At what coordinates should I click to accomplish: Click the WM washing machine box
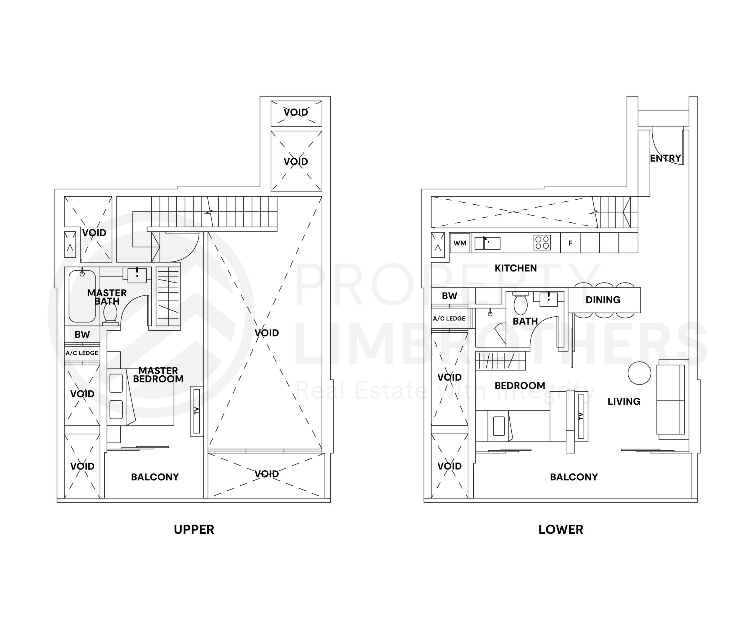(x=460, y=243)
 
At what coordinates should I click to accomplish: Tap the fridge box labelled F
(x=570, y=243)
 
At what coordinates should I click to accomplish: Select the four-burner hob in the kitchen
(x=542, y=243)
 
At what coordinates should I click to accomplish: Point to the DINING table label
(x=603, y=300)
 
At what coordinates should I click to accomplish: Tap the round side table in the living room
(x=639, y=373)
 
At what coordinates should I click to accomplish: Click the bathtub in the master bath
(x=82, y=297)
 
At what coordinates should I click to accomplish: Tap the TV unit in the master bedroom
(x=197, y=411)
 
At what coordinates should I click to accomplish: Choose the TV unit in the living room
(x=581, y=416)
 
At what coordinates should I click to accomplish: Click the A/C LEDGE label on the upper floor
(x=82, y=353)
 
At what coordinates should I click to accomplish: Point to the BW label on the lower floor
(x=449, y=296)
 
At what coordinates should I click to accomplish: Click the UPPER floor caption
(x=194, y=529)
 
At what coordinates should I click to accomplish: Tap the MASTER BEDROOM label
(x=158, y=375)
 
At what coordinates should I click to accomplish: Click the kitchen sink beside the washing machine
(x=488, y=243)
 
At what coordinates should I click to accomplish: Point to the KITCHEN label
(x=516, y=268)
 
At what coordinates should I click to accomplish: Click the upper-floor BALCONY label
(x=155, y=477)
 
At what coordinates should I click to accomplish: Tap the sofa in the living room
(x=670, y=400)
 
